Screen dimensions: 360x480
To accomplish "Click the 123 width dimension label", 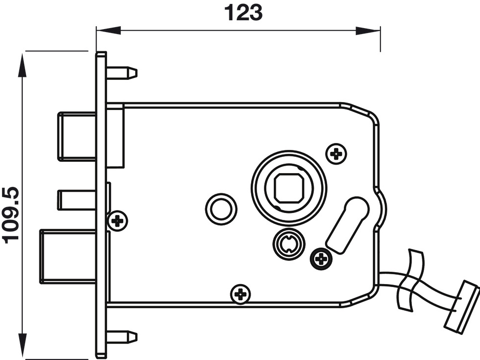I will pyautogui.click(x=243, y=13).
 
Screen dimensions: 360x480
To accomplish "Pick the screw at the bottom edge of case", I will pyautogui.click(x=241, y=294).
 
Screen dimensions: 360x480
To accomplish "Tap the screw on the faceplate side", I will pyautogui.click(x=117, y=220).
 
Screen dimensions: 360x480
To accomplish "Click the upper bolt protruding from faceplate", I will pyautogui.click(x=77, y=137).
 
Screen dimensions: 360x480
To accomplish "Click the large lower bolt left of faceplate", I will pyautogui.click(x=68, y=256).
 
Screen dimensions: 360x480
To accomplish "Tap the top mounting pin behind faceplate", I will pyautogui.click(x=122, y=73).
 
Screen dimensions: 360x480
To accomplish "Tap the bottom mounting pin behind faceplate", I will pyautogui.click(x=122, y=337).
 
